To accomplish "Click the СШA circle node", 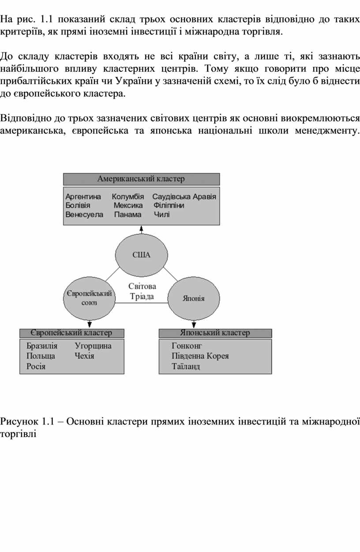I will pos(142,255).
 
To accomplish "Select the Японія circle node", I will pos(194,298).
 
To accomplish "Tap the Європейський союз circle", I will pos(89,298).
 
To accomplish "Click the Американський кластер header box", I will pos(141,179).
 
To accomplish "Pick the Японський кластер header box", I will pos(215,333).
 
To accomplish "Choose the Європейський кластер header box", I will pos(71,333).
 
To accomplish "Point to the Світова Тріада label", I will pos(142,291).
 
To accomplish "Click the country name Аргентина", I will pos(83,197).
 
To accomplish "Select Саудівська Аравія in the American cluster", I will pos(184,197).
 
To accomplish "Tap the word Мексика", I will pos(128,205).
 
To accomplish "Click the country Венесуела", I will pos(84,215).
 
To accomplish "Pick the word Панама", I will pos(127,215).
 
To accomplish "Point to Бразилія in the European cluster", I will pos(42,346).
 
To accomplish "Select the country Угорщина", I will pos(93,346).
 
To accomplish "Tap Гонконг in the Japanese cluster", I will pos(187,346).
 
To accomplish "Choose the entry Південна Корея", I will pos(200,356).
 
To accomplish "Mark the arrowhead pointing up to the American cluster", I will pos(142,228).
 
